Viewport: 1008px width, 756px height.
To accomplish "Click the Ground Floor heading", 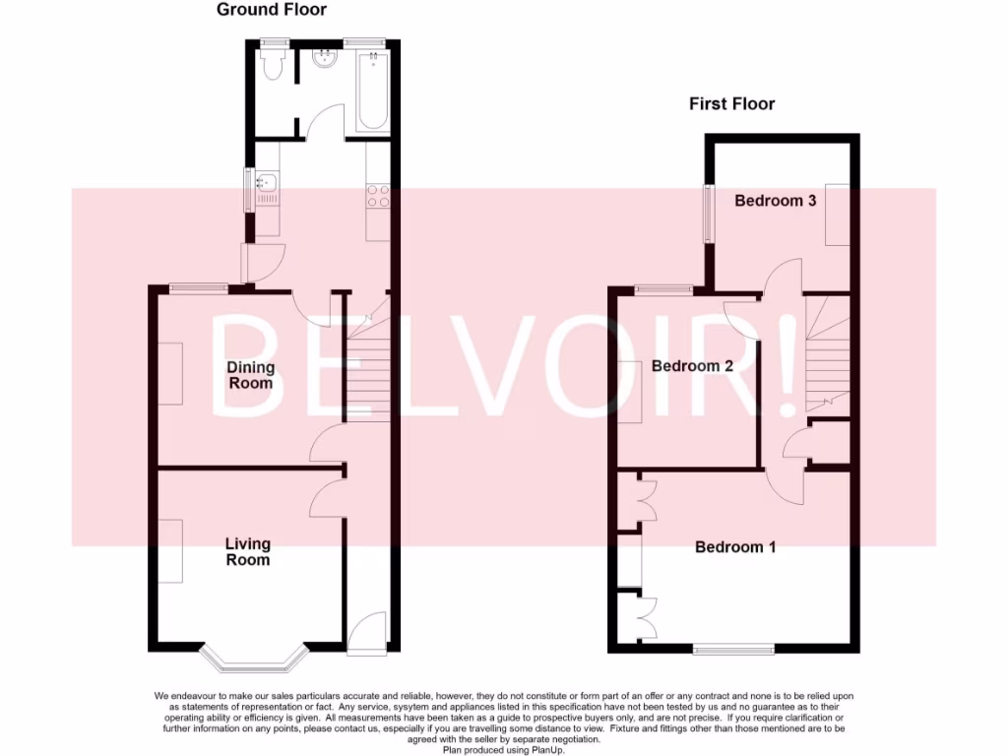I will pos(271,10).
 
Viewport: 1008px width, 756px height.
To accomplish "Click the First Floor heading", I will pos(731,103).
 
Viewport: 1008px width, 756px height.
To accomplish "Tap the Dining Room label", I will pos(251,375).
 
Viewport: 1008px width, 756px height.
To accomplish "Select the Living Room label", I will pos(248,551).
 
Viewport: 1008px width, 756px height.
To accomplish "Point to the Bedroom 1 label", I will pos(735,546).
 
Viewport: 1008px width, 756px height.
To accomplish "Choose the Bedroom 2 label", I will pos(692,365).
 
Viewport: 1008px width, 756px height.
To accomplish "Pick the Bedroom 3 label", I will pos(776,201).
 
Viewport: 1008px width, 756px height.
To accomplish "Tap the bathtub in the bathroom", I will pos(373,94).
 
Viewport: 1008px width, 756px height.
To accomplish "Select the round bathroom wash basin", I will pos(323,60).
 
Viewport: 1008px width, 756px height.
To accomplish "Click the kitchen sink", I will pos(267,187).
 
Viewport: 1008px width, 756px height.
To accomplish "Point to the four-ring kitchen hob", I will pos(379,195).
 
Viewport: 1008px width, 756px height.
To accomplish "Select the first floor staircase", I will pos(827,354).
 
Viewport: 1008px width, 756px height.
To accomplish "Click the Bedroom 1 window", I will pos(733,649).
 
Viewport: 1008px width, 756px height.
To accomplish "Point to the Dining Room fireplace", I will pos(170,372).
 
